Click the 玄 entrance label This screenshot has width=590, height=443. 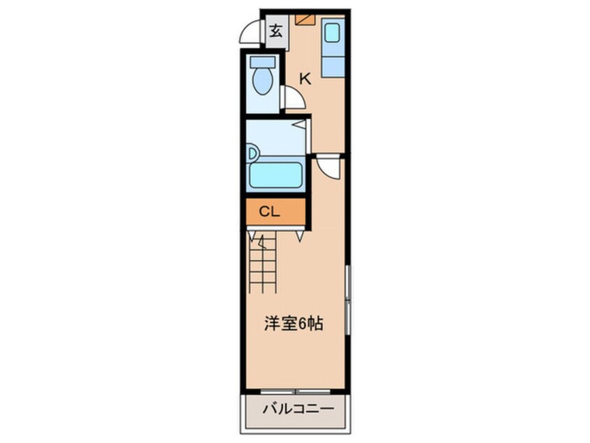pyautogui.click(x=276, y=31)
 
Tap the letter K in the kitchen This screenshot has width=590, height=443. pyautogui.click(x=304, y=79)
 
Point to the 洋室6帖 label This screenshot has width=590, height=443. pyautogui.click(x=293, y=324)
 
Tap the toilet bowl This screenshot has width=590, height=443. pyautogui.click(x=263, y=81)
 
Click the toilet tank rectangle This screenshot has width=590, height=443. pyautogui.click(x=263, y=61)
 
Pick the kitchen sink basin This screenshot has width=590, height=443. pyautogui.click(x=331, y=32)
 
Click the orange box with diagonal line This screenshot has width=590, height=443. pyautogui.click(x=305, y=20)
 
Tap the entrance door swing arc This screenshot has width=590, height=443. pyautogui.click(x=250, y=33)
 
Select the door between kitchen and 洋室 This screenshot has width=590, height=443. pyautogui.click(x=328, y=168)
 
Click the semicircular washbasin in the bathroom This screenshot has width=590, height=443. pyautogui.click(x=251, y=153)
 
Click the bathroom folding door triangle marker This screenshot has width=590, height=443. pyautogui.click(x=298, y=125)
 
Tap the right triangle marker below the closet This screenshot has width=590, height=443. pyautogui.click(x=300, y=237)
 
